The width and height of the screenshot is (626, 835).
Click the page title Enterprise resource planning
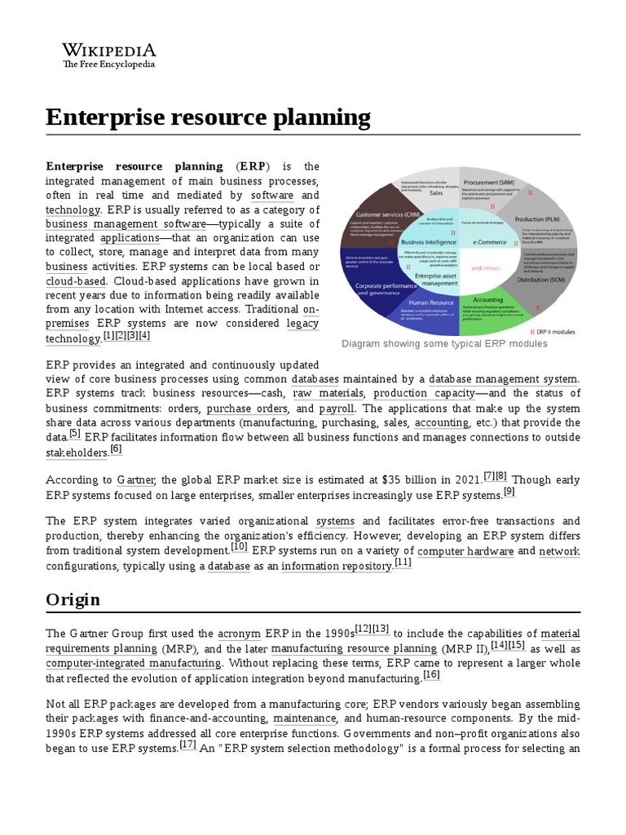point(208,117)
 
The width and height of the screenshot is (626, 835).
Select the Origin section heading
point(73,599)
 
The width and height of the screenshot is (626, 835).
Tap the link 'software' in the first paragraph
point(272,196)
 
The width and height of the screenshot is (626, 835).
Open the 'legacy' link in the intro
point(302,324)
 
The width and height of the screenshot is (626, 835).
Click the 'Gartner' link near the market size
point(136,479)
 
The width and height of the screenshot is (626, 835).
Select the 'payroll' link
point(336,408)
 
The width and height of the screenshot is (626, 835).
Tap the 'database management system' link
point(503,379)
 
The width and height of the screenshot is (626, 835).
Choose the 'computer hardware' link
point(465,551)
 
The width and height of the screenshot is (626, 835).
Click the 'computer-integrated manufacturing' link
point(133,663)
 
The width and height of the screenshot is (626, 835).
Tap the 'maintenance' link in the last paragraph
point(305,718)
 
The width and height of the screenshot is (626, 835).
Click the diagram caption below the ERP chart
point(444,344)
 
